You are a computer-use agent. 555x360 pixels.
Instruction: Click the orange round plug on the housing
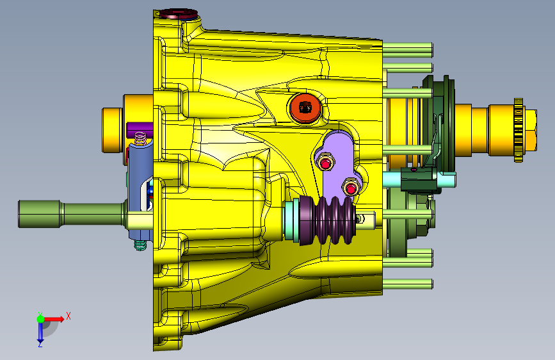tap(305, 108)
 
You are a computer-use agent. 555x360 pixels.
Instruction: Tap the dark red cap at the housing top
tap(178, 14)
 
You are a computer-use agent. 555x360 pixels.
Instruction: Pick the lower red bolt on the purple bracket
tap(351, 188)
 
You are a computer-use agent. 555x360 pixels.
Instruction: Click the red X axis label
tap(68, 316)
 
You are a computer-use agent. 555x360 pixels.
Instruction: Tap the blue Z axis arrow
tap(40, 333)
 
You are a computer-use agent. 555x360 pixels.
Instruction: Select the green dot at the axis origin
tap(40, 319)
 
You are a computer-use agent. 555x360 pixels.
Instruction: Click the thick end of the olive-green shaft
tap(39, 214)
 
